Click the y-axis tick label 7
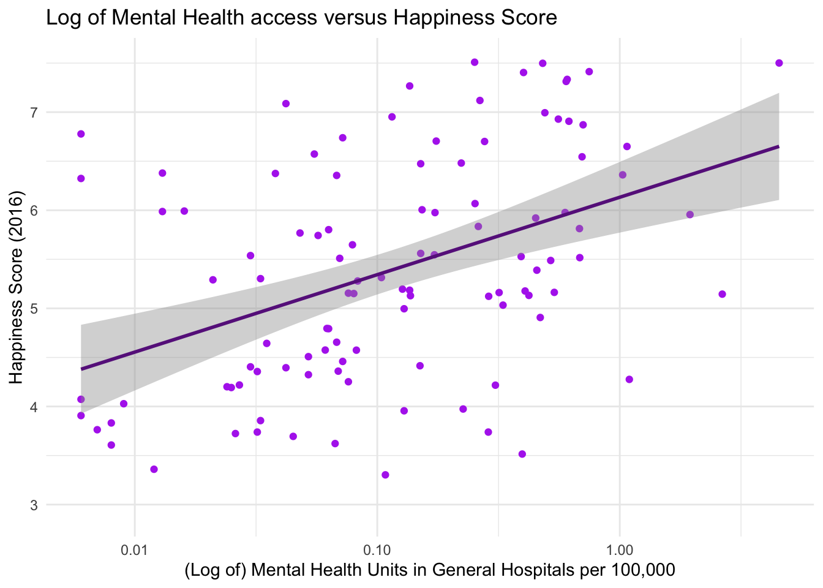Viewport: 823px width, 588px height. pos(34,112)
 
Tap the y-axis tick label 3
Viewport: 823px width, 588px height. pos(34,505)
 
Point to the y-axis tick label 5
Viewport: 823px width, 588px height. pos(34,309)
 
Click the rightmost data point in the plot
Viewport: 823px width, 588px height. pos(779,63)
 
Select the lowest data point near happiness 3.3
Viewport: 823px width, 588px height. pos(385,475)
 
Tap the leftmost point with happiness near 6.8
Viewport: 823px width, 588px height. pos(81,134)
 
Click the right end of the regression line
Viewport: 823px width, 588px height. pos(778,146)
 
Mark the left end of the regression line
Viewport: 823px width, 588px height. pos(81,369)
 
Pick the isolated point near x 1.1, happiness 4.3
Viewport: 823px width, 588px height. pos(629,379)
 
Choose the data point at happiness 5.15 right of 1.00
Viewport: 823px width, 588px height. pos(722,294)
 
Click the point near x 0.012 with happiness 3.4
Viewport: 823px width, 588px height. pos(154,469)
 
